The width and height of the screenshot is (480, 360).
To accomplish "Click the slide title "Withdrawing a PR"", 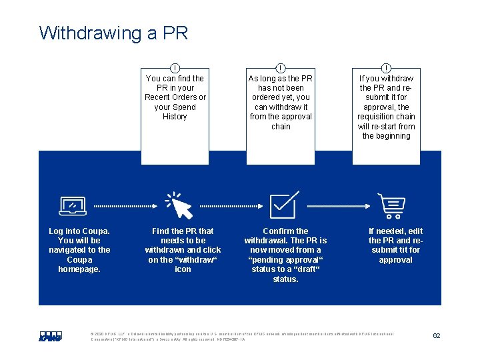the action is point(114,33).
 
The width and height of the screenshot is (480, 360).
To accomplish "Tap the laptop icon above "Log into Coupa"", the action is point(73,207).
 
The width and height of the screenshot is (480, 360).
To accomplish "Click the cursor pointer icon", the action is point(179,206).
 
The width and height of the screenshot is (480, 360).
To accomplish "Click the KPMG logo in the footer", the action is point(50,336).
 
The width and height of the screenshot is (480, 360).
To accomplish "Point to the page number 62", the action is point(436,336).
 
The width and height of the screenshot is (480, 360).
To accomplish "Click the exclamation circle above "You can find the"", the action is point(175,68).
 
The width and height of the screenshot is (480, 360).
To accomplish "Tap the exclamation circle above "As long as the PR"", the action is point(281,68).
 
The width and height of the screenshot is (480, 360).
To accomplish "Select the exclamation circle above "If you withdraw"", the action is point(387,68).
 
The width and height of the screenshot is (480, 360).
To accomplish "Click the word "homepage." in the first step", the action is point(79,269).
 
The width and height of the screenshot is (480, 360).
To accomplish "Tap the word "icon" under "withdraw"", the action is point(183,269).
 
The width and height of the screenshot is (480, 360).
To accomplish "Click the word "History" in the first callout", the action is point(175,117).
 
